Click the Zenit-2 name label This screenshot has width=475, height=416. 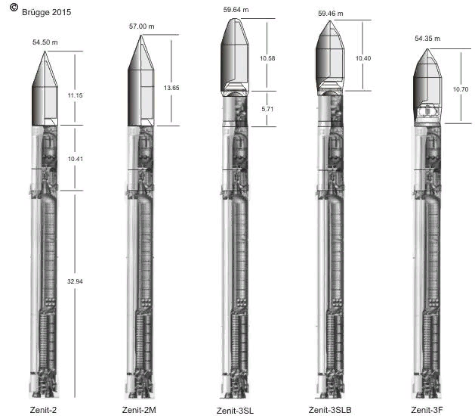[43, 410]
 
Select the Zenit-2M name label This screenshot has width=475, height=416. [139, 410]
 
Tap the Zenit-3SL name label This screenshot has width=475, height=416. [235, 411]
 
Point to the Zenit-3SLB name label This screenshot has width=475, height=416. [330, 410]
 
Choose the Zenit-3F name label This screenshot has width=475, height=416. [427, 410]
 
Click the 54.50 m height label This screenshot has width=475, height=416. [45, 42]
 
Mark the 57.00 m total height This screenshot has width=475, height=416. [142, 26]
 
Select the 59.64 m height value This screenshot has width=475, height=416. [236, 10]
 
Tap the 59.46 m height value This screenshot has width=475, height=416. [331, 14]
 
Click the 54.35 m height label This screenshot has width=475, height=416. [427, 39]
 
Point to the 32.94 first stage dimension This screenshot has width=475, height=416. [75, 281]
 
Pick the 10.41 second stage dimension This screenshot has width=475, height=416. [75, 159]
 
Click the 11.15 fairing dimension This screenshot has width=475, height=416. [75, 95]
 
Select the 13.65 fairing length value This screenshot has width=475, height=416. [171, 88]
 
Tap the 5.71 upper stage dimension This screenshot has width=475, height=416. [267, 109]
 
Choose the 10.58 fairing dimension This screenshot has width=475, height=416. [267, 58]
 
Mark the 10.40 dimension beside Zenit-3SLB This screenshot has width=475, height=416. [363, 58]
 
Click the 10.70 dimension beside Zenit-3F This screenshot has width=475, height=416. [461, 89]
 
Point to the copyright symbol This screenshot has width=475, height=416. [14, 8]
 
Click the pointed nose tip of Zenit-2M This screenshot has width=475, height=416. [141, 36]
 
